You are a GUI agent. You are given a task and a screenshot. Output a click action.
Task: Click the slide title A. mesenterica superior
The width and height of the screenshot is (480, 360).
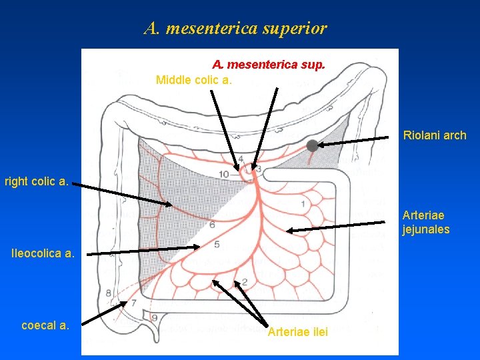pyautogui.click(x=235, y=29)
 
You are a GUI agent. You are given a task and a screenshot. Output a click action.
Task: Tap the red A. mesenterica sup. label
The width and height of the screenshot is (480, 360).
pyautogui.click(x=269, y=65)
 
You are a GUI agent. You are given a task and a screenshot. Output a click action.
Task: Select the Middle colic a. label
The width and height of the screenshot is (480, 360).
pyautogui.click(x=194, y=80)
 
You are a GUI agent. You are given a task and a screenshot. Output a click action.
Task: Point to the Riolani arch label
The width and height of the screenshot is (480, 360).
pyautogui.click(x=435, y=135)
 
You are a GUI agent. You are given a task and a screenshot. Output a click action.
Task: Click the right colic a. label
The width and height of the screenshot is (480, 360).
pyautogui.click(x=36, y=181)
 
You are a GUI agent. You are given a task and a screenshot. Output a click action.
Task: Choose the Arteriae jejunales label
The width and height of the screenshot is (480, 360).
pyautogui.click(x=426, y=222)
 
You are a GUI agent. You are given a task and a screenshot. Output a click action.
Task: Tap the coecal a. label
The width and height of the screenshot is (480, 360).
pyautogui.click(x=45, y=325)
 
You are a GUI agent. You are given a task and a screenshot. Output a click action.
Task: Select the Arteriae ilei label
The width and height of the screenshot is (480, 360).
pyautogui.click(x=297, y=332)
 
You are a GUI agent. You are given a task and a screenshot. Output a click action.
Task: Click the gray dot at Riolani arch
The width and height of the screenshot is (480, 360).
pyautogui.click(x=312, y=145)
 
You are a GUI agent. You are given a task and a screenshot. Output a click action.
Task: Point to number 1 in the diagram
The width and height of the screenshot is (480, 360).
pyautogui.click(x=303, y=203)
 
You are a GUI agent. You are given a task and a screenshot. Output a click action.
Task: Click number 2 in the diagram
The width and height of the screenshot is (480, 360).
pyautogui.click(x=245, y=281)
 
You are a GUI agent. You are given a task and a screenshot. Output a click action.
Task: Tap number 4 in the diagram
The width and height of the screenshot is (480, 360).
pyautogui.click(x=240, y=159)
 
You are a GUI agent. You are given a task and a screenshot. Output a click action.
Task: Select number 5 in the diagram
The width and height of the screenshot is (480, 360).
pyautogui.click(x=217, y=245)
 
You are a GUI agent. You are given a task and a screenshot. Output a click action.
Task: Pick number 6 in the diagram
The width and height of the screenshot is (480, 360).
pyautogui.click(x=212, y=225)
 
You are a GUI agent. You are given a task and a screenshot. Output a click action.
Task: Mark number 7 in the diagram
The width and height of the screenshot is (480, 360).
pyautogui.click(x=133, y=303)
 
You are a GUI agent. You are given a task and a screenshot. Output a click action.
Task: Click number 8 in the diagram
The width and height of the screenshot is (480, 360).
pyautogui.click(x=109, y=293)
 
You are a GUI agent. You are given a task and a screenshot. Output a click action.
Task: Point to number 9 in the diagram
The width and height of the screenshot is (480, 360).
pyautogui.click(x=155, y=318)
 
